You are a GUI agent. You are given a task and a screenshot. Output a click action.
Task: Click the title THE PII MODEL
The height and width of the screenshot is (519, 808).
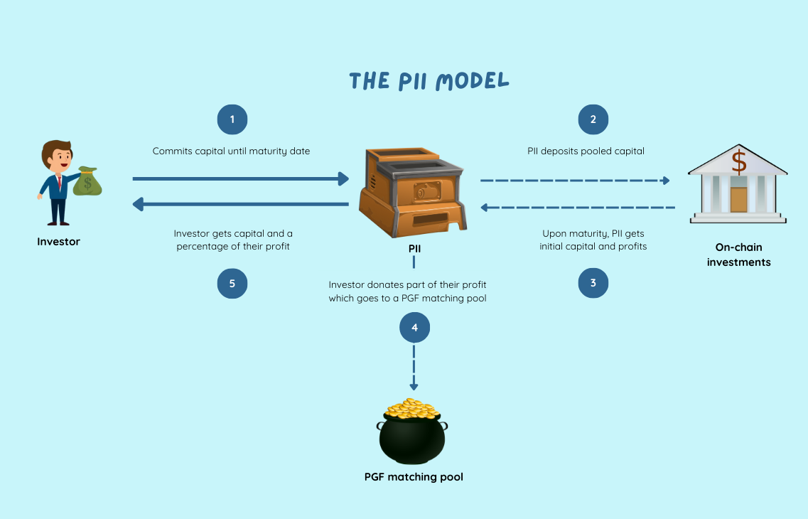click(429, 81)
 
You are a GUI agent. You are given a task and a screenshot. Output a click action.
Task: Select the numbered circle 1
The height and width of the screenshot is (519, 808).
click(232, 119)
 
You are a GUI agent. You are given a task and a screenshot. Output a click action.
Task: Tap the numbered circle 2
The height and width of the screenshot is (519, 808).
click(593, 119)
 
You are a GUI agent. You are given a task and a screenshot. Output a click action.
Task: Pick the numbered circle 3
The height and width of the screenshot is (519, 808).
click(593, 283)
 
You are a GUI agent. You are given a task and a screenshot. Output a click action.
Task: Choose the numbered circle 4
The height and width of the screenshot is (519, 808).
click(414, 328)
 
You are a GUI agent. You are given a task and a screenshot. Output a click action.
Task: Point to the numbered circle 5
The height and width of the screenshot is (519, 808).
click(232, 283)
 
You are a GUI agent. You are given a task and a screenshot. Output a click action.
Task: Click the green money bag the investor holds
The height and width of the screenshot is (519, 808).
click(88, 181)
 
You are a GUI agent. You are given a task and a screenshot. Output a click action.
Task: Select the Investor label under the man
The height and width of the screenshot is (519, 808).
click(58, 242)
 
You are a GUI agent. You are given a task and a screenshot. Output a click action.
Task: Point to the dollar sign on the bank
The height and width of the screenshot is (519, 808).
click(739, 161)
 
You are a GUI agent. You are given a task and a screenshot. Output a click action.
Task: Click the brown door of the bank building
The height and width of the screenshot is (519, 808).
click(738, 199)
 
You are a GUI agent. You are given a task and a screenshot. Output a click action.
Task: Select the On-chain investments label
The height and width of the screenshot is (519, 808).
click(738, 255)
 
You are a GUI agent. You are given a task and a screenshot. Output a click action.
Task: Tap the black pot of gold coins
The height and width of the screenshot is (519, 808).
click(412, 435)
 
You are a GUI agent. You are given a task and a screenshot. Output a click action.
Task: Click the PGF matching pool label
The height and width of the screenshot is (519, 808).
click(414, 477)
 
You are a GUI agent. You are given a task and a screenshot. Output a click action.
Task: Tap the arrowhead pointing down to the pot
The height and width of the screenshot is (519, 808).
click(414, 384)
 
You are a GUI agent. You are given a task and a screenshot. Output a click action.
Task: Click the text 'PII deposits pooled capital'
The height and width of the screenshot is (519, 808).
click(586, 151)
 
